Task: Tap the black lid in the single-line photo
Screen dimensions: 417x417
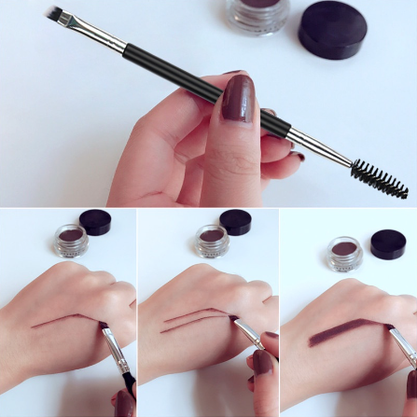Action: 96,222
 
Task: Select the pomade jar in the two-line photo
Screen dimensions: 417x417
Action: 211,241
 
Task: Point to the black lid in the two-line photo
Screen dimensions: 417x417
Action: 236,222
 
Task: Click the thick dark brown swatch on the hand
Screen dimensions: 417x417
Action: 345,329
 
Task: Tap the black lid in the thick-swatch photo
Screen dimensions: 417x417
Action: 387,244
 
